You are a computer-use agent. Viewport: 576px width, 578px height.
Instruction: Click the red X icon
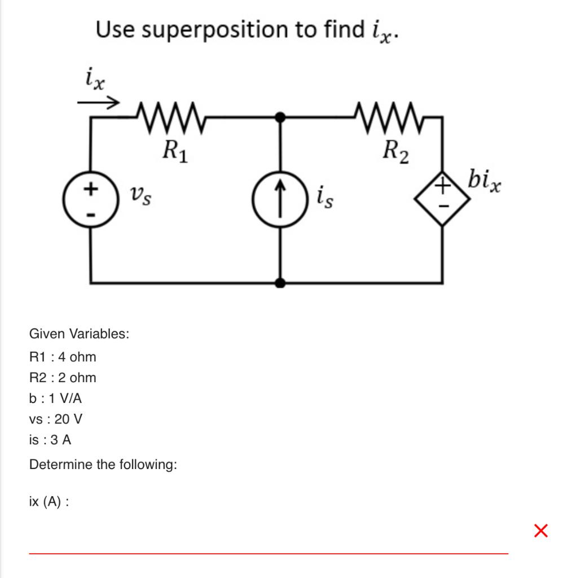point(540,531)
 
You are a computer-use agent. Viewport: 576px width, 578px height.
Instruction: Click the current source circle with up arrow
point(280,199)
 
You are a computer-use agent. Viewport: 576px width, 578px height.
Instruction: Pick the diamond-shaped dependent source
point(442,198)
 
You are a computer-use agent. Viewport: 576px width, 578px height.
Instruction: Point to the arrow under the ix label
point(98,103)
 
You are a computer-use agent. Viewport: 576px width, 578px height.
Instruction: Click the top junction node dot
point(280,117)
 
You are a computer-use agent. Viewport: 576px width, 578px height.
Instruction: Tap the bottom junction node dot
point(280,282)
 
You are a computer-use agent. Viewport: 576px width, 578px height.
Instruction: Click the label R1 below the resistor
point(174,151)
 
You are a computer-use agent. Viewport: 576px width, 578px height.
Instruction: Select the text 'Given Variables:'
point(79,334)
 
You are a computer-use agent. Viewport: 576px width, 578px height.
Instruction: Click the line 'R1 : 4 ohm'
point(63,357)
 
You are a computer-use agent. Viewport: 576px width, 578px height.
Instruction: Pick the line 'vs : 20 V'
point(56,419)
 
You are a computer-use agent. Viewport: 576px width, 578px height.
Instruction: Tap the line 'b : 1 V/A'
point(55,399)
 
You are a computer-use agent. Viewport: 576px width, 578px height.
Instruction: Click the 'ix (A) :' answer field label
point(49,501)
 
